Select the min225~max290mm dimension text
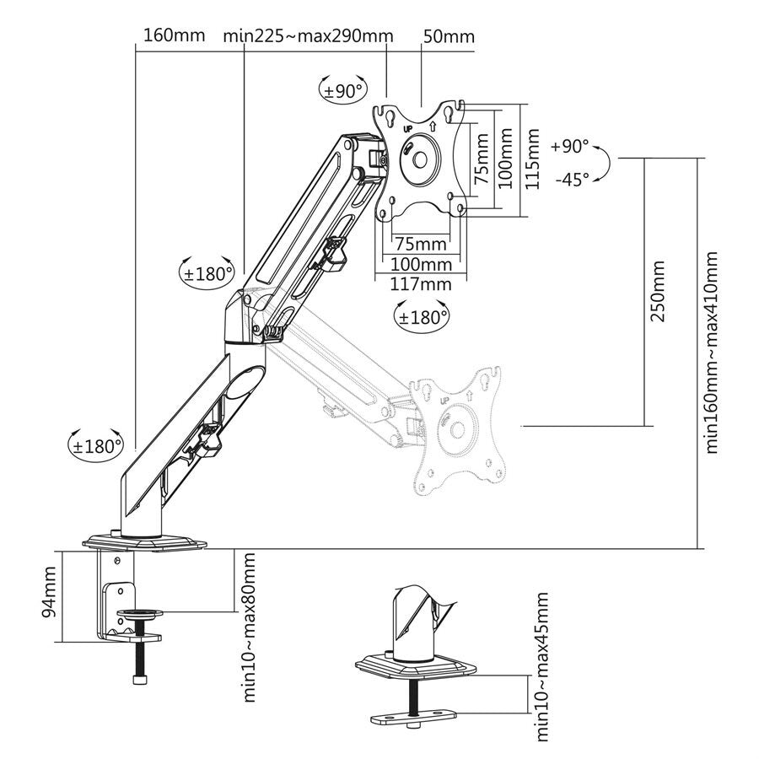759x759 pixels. coord(309,36)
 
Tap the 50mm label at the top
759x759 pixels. coord(449,36)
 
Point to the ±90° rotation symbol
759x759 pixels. coord(344,90)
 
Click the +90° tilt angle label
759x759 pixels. coord(570,146)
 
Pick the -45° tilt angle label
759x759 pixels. coord(572,180)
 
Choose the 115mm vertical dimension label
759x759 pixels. coord(532,159)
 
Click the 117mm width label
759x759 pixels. coord(421,283)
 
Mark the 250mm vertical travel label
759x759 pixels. coord(657,292)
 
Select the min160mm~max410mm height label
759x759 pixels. coord(712,352)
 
